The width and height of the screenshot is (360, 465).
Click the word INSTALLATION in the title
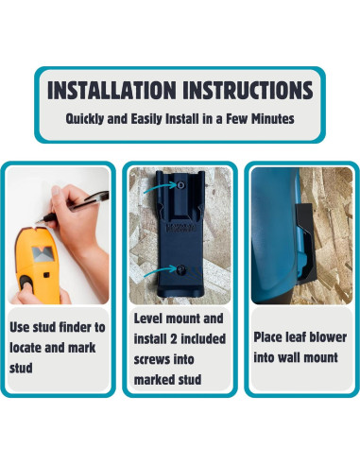pyautogui.click(x=111, y=90)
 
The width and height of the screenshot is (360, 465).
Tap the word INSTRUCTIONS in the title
pyautogui.click(x=248, y=90)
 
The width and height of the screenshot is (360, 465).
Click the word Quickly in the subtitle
pyautogui.click(x=85, y=119)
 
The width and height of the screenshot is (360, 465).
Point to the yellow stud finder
pyautogui.click(x=37, y=264)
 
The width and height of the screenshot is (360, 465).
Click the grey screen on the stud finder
pyautogui.click(x=43, y=254)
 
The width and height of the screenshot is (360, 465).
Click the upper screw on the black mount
pyautogui.click(x=180, y=185)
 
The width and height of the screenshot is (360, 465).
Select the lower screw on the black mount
pyautogui.click(x=180, y=269)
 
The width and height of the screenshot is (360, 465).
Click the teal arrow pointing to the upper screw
pyautogui.click(x=160, y=187)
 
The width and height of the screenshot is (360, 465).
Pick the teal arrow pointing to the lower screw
pyautogui.click(x=160, y=271)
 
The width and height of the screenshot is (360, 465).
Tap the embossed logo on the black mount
pyautogui.click(x=180, y=228)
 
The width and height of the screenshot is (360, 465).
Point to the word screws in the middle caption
pyautogui.click(x=153, y=359)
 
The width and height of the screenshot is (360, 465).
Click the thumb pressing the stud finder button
pyautogui.click(x=26, y=283)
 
